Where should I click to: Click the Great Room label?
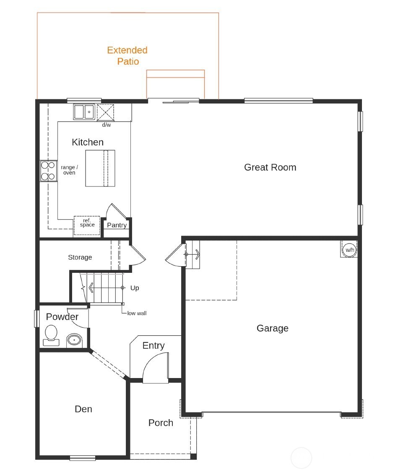pos(270,167)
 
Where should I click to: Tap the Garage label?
pos(272,328)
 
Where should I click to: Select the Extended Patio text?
pos(127,56)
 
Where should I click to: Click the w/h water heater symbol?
pos(349,250)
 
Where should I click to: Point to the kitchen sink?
pos(84,112)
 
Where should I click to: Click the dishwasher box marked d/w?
pos(106,112)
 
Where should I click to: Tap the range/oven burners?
pos(48,171)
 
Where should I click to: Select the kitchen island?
pos(100,168)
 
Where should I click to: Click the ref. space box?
pos(87,225)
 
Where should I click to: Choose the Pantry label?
pos(117,225)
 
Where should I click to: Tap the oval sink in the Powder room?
pos(74,339)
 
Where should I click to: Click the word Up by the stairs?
pos(135,288)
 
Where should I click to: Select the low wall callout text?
pos(137,313)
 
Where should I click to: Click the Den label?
pos(83,409)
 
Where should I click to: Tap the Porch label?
pos(161,423)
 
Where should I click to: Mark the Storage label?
pos(80,257)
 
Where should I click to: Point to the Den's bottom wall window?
pos(83,458)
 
